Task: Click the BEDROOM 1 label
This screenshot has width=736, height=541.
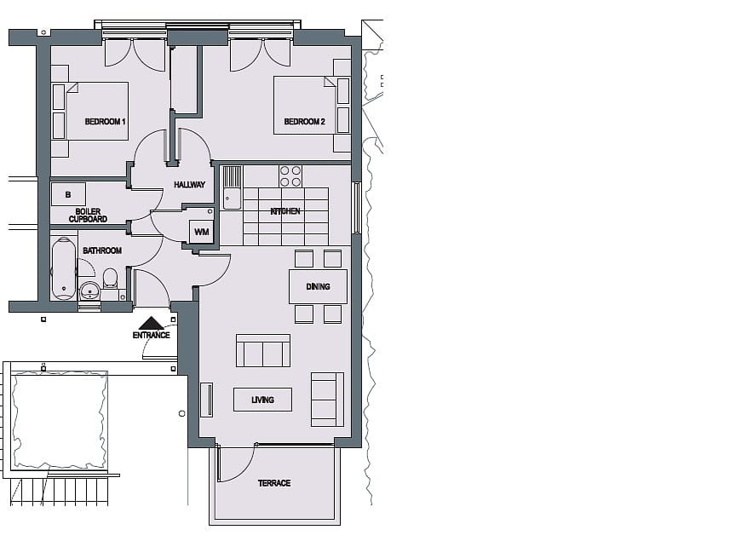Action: click(x=106, y=123)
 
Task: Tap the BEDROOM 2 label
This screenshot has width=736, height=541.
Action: click(x=304, y=122)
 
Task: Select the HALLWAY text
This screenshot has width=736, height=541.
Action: click(x=189, y=185)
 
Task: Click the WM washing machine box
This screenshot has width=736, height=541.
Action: click(x=201, y=231)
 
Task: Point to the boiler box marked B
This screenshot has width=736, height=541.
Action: click(x=68, y=195)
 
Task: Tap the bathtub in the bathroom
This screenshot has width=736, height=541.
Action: click(x=64, y=268)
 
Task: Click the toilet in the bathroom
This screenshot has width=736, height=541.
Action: click(x=110, y=278)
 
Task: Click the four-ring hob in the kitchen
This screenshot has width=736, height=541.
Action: click(x=290, y=176)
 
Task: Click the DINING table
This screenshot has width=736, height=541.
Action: click(x=318, y=286)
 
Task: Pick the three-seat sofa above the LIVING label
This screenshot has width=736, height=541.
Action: click(x=262, y=351)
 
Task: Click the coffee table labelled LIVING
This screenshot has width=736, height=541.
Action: click(x=262, y=400)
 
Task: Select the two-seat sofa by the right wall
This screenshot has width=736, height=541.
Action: click(x=327, y=399)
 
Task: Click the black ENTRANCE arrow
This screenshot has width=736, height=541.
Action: click(x=152, y=323)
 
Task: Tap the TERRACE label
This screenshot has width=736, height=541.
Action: click(x=274, y=483)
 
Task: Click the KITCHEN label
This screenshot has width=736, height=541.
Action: click(x=285, y=211)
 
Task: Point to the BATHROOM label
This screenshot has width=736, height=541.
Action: click(x=101, y=250)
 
